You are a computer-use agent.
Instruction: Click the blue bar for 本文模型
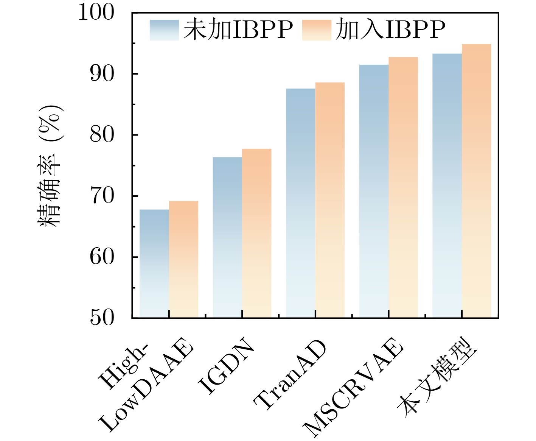coord(447,185)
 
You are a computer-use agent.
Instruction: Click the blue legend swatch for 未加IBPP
coord(164,30)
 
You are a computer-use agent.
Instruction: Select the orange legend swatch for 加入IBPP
coord(317,30)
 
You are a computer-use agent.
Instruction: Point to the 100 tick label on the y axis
coord(96,12)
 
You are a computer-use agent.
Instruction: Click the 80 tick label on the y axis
coord(102,135)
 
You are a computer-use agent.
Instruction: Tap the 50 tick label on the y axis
coord(102,318)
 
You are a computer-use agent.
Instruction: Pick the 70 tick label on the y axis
coord(102,196)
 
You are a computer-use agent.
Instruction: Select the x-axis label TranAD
coord(290,375)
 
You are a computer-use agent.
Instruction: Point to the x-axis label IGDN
coord(226,365)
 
